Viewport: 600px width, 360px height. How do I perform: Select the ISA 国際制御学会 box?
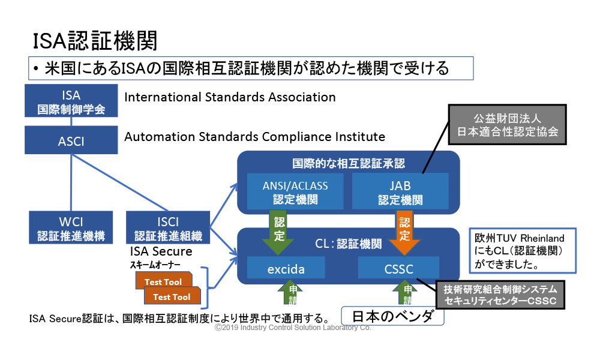pyautogui.click(x=71, y=102)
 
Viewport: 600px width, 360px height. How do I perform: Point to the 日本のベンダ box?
pyautogui.click(x=392, y=316)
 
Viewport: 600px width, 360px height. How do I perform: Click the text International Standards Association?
pyautogui.click(x=230, y=97)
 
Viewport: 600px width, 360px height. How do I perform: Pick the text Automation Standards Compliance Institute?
pyautogui.click(x=254, y=137)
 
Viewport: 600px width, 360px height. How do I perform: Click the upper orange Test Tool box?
pyautogui.click(x=162, y=281)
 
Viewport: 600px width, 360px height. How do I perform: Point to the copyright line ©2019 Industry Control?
pyautogui.click(x=293, y=328)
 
